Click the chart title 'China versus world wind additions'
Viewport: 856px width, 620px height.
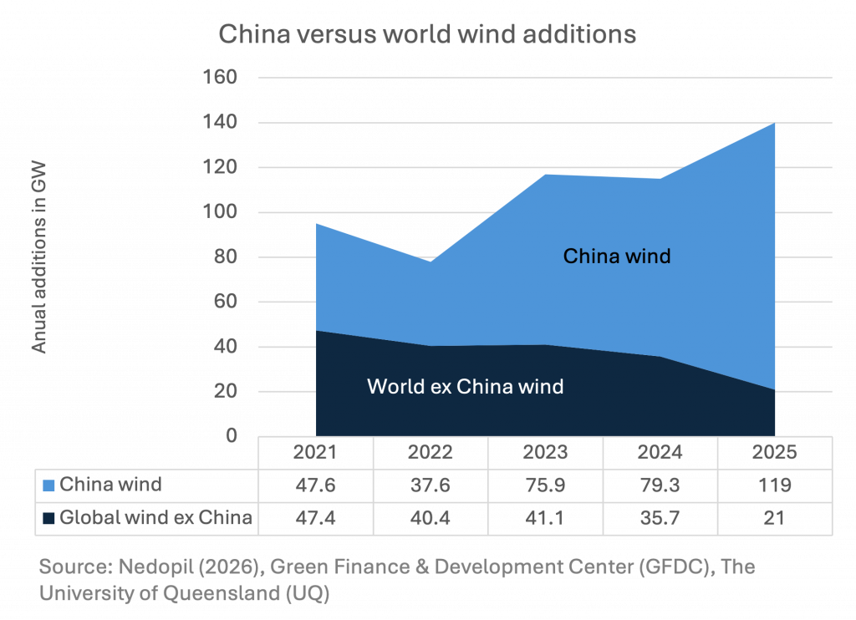[427, 35]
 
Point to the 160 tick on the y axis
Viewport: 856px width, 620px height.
[221, 78]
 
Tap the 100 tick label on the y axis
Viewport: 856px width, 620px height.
[221, 212]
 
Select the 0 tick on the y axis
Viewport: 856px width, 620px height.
[231, 436]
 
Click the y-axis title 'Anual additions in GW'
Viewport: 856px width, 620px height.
[39, 257]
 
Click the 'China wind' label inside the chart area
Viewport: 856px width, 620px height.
[617, 256]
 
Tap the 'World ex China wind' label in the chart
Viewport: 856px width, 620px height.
[465, 387]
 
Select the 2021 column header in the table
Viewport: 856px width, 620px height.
[315, 453]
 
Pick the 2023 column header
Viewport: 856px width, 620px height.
[545, 453]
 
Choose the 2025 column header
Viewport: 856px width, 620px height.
[774, 453]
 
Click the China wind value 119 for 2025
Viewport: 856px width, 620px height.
[774, 485]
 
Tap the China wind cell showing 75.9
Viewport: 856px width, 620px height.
[545, 485]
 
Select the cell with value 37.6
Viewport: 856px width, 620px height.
[430, 485]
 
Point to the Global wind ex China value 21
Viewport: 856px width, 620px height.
[774, 518]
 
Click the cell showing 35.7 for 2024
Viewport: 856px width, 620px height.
[660, 518]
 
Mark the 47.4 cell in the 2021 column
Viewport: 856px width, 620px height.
[315, 518]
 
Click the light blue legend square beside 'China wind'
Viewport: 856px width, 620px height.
[48, 485]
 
